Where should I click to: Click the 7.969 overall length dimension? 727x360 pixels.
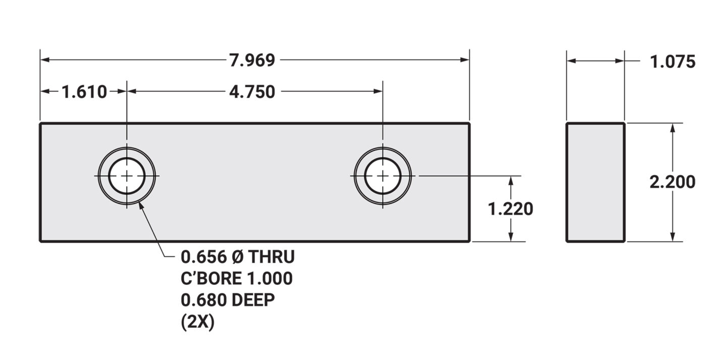pos(252,61)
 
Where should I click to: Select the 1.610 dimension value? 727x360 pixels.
pos(84,92)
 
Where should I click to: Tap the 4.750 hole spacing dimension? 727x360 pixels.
pos(252,92)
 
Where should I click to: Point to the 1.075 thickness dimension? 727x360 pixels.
pos(673,62)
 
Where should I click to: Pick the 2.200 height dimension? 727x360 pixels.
pos(672,182)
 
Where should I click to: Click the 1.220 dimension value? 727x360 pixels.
pos(510,209)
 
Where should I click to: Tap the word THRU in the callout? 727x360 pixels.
pos(272,257)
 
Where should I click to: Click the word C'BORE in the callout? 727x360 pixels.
pos(211,278)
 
